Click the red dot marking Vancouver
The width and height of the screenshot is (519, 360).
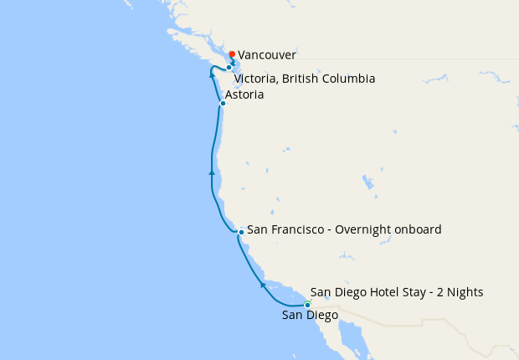[x=232, y=54]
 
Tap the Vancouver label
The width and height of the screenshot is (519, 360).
[x=266, y=54]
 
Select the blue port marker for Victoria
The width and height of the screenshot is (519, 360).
[x=229, y=68]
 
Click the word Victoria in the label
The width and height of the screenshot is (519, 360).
[x=255, y=79]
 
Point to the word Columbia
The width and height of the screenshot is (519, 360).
[x=347, y=79]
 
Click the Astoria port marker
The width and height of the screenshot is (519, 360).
[x=223, y=104]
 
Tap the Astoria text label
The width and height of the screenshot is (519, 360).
[x=244, y=95]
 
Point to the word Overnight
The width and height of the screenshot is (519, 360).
[x=365, y=229]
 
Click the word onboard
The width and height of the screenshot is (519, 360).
[x=419, y=229]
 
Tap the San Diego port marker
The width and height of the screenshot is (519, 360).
[x=307, y=305]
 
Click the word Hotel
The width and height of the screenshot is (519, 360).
[x=382, y=292]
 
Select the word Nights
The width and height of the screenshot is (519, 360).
[x=464, y=292]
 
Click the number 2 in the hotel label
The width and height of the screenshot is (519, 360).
[x=438, y=292]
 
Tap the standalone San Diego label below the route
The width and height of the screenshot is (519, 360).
[x=310, y=316]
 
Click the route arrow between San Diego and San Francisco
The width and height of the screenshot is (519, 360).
[x=263, y=285]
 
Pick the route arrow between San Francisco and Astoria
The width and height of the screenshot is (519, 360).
[x=212, y=172]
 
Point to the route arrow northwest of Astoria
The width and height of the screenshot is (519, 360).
[x=212, y=75]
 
